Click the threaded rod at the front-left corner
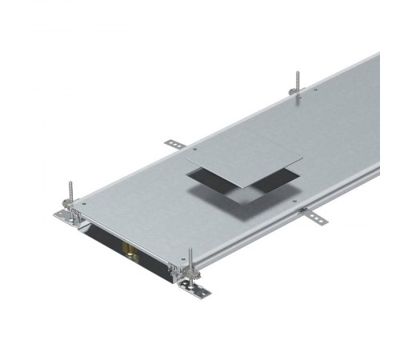point(70,194)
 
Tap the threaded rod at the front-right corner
point(190,260)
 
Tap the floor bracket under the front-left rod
point(64,216)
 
